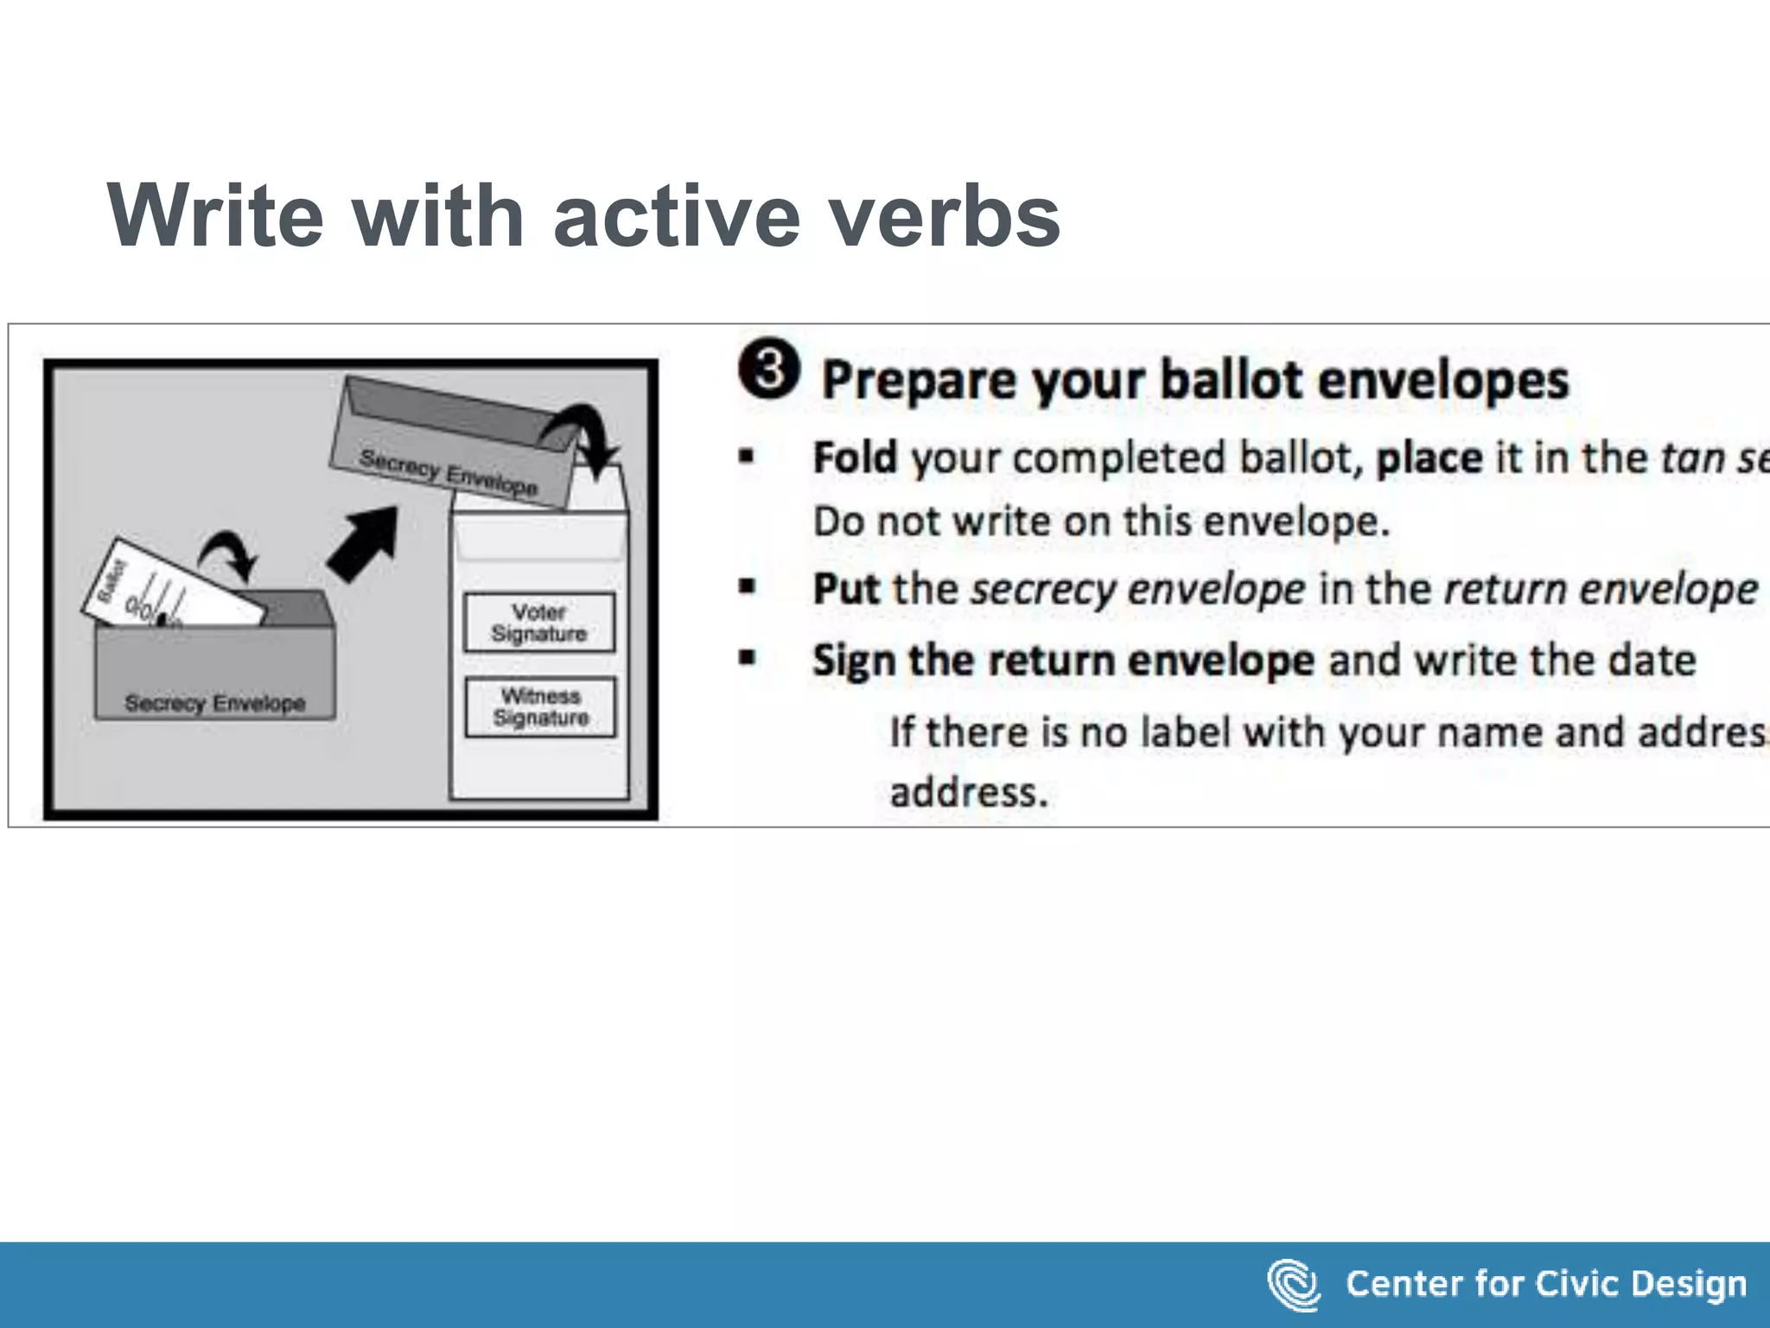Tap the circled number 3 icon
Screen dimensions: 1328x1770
768,369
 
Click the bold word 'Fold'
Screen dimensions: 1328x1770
855,458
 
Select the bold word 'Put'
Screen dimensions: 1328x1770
845,590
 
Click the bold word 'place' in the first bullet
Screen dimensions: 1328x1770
1429,458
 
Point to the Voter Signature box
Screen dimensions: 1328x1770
539,622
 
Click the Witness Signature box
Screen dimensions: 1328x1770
540,707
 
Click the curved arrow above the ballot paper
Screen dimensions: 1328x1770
229,554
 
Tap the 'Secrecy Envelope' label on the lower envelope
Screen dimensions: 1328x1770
214,703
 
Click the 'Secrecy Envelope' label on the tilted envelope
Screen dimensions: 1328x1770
449,472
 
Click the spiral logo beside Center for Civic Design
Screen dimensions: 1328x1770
1293,1285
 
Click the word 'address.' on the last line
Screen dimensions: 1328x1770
968,792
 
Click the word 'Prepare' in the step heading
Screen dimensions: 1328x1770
918,380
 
